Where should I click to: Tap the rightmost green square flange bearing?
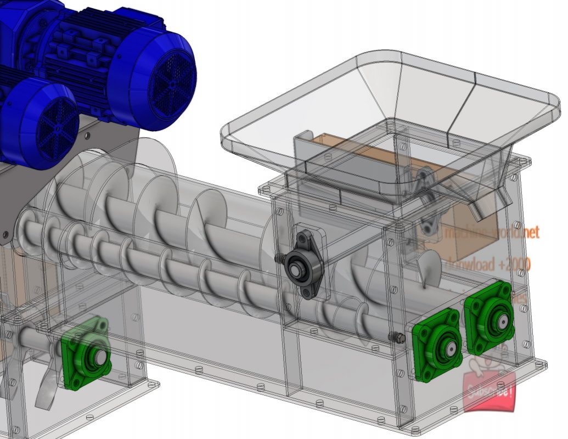click(489, 317)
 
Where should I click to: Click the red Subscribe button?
click(490, 391)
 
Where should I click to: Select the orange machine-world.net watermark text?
click(491, 233)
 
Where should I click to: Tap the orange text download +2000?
click(488, 265)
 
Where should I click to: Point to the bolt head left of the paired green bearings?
click(393, 336)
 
